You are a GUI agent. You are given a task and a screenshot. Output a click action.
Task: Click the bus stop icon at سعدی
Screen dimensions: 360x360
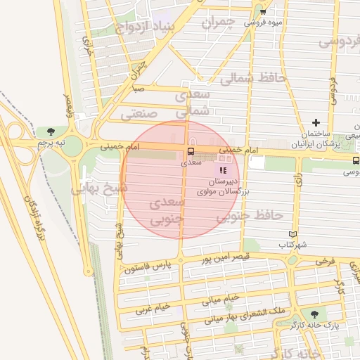click(x=191, y=151)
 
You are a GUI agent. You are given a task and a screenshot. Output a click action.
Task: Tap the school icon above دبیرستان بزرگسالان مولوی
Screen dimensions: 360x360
click(x=223, y=169)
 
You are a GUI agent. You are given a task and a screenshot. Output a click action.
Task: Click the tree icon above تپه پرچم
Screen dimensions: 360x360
click(x=51, y=131)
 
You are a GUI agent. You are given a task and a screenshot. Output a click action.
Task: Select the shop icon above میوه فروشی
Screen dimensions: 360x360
click(x=263, y=11)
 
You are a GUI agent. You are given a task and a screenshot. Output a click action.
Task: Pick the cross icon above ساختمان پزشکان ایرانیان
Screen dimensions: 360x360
click(x=316, y=123)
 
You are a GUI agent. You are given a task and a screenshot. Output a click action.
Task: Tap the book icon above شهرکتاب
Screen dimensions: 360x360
click(x=293, y=234)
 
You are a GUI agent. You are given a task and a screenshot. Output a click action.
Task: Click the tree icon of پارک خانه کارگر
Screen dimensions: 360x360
click(x=314, y=314)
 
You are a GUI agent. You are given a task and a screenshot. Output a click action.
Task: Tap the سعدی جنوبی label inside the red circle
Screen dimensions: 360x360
click(x=167, y=211)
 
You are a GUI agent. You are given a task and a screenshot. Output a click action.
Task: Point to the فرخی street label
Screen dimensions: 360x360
click(x=325, y=261)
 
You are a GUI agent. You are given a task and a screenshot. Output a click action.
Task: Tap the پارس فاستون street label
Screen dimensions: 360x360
click(x=148, y=266)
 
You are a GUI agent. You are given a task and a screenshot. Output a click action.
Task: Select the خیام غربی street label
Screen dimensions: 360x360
click(x=153, y=307)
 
